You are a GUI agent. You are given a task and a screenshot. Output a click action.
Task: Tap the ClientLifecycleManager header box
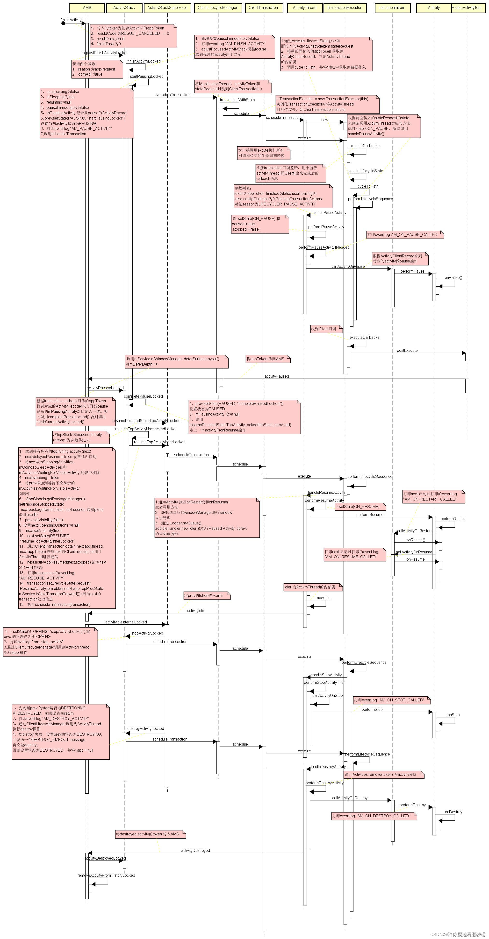(217, 8)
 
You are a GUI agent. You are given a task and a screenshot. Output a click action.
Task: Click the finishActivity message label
(71, 20)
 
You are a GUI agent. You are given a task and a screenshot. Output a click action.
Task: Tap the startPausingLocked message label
(147, 77)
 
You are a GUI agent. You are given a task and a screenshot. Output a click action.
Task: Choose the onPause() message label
(453, 278)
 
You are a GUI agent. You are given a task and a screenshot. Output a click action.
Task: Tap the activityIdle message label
(195, 611)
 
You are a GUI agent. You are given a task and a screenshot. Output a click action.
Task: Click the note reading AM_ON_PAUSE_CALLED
(405, 235)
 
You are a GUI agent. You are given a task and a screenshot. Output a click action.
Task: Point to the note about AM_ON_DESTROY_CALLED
(374, 816)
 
